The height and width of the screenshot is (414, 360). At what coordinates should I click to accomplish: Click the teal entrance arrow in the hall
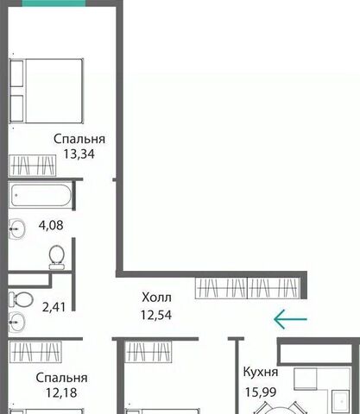click(x=290, y=319)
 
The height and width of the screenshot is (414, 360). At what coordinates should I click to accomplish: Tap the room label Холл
click(x=156, y=298)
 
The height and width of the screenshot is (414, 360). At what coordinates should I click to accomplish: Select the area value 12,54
click(x=156, y=315)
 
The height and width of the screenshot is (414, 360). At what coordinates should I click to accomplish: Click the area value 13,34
click(x=79, y=154)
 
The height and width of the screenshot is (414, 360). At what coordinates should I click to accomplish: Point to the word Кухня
click(x=261, y=372)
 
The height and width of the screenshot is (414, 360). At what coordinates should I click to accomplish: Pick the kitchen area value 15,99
click(x=261, y=392)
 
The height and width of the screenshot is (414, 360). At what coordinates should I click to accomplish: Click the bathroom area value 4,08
click(x=51, y=225)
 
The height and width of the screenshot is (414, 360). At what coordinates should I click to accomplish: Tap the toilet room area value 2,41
click(x=54, y=307)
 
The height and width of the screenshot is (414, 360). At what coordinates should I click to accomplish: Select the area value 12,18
click(x=61, y=392)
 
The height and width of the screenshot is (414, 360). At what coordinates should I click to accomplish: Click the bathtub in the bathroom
click(x=41, y=196)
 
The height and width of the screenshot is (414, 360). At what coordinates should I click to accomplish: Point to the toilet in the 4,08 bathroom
click(x=57, y=257)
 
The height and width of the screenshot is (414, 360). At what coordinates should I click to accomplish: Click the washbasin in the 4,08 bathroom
click(x=16, y=229)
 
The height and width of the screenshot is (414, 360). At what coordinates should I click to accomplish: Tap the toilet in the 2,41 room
click(x=21, y=300)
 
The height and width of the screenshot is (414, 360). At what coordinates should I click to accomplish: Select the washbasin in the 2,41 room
click(x=16, y=322)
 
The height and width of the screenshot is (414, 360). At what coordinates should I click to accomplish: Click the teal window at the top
click(x=54, y=3)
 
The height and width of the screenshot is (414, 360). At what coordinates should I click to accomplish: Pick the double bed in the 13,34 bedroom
click(x=47, y=91)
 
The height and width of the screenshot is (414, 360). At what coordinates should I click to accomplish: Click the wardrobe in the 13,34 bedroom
click(x=33, y=166)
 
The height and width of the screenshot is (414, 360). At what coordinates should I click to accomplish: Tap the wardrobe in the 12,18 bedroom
click(x=35, y=352)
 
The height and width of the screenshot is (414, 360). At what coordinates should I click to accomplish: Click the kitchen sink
click(x=341, y=401)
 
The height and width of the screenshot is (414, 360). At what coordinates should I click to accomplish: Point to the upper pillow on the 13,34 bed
click(x=16, y=73)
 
